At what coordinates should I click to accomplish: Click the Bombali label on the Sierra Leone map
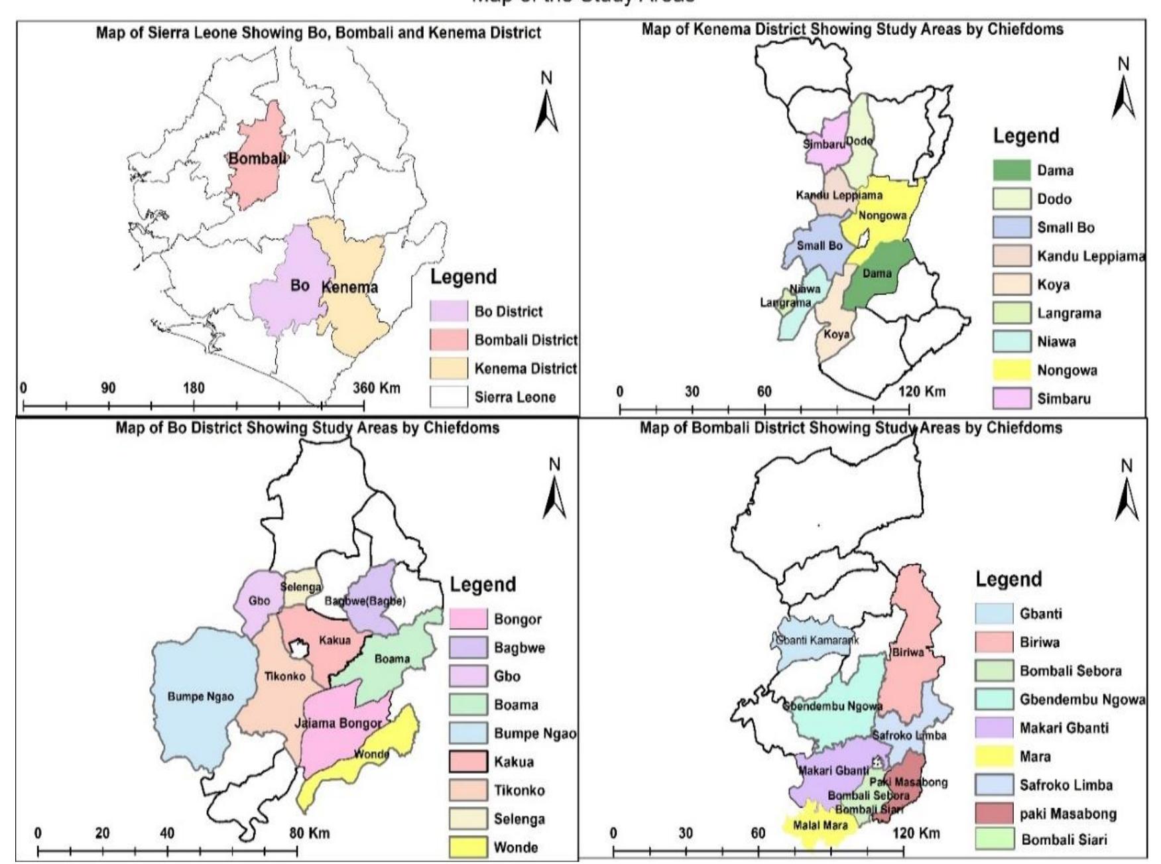[257, 158]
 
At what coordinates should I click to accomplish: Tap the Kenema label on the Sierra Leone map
[349, 287]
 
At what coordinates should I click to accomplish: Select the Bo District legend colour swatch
[448, 311]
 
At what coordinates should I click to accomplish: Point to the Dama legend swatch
[1011, 170]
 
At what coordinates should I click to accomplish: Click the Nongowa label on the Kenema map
[882, 216]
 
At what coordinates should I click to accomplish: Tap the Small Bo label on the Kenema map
[820, 245]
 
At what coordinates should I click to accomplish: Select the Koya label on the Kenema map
[836, 334]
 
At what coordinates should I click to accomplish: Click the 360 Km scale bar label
[376, 388]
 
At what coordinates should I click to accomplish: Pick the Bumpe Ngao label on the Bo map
[200, 697]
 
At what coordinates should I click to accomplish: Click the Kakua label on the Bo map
[334, 640]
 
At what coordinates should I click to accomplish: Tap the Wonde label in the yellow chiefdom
[371, 754]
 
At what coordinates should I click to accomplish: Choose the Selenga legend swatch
[467, 819]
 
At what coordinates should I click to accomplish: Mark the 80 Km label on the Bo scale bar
[310, 833]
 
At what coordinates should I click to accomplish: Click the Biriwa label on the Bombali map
[908, 652]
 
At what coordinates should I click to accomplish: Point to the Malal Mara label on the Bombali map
[820, 826]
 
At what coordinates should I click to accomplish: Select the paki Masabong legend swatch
[994, 814]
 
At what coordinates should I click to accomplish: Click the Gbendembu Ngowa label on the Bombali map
[833, 706]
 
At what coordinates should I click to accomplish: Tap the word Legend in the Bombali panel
[1008, 579]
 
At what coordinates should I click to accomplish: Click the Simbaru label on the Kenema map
[824, 144]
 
